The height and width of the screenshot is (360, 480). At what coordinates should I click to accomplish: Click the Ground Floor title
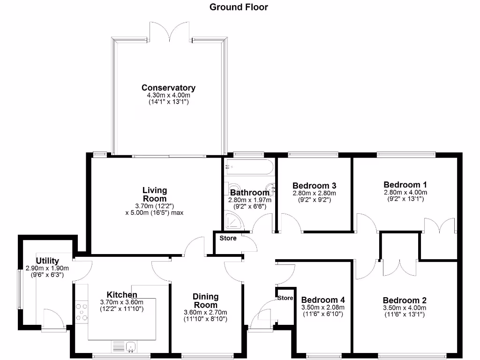pyautogui.click(x=239, y=7)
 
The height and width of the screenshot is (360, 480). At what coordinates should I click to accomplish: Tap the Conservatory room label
pyautogui.click(x=168, y=88)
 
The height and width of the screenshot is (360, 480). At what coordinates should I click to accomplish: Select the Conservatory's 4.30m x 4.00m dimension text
pyautogui.click(x=168, y=95)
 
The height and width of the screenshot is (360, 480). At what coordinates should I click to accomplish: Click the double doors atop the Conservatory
pyautogui.click(x=169, y=32)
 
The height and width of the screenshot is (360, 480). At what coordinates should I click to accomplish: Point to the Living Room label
pyautogui.click(x=155, y=195)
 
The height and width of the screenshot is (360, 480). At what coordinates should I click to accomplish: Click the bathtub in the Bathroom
pyautogui.click(x=249, y=167)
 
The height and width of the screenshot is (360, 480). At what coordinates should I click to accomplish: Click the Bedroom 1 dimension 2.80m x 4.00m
pyautogui.click(x=405, y=192)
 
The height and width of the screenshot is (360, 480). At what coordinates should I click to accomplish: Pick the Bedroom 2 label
pyautogui.click(x=405, y=300)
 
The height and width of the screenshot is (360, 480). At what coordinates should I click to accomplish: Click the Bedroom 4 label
pyautogui.click(x=323, y=300)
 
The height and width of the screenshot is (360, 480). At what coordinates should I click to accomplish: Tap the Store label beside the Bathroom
pyautogui.click(x=228, y=238)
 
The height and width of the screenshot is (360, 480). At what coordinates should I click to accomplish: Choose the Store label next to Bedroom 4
pyautogui.click(x=285, y=298)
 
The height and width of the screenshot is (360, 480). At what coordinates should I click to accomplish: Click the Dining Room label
pyautogui.click(x=206, y=300)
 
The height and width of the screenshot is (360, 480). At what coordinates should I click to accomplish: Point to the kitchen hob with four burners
pyautogui.click(x=82, y=313)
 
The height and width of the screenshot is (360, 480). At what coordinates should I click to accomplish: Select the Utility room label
pyautogui.click(x=47, y=261)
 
